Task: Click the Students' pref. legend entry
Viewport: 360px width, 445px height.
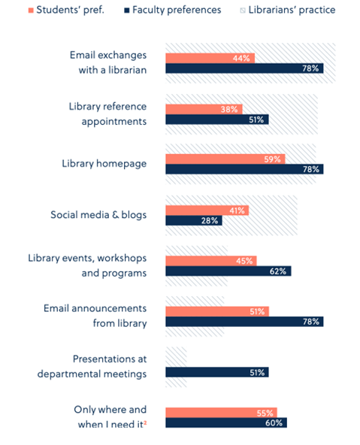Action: coord(65,10)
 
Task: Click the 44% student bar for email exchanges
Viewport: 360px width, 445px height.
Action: coord(210,58)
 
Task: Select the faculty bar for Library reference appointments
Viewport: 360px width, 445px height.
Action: coord(216,120)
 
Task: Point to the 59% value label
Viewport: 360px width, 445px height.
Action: coord(273,159)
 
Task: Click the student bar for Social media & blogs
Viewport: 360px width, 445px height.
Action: coord(207,210)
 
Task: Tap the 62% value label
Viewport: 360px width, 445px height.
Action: coord(279,271)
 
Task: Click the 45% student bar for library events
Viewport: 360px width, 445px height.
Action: coord(210,261)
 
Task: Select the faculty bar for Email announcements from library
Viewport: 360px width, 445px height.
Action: coord(244,322)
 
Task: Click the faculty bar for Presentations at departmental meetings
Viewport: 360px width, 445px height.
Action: coord(216,372)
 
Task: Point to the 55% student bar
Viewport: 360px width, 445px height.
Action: coord(221,413)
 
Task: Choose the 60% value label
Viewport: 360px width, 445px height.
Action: coord(274,423)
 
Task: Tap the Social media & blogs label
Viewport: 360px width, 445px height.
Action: coord(98,215)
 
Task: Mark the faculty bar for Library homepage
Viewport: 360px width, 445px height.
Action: coord(244,169)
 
